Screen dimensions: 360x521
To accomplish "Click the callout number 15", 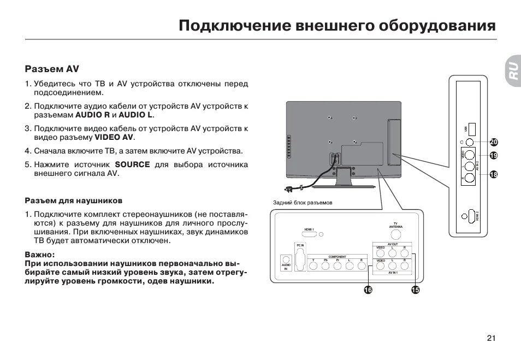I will [415, 290].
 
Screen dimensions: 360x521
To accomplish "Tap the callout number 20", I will [494, 142].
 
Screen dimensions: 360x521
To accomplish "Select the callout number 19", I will [494, 156].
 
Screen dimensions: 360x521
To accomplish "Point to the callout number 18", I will [494, 175].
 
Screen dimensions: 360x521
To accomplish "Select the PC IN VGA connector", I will [300, 259].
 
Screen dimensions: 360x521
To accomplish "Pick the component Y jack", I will [313, 266].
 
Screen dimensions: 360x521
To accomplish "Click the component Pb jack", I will [325, 266].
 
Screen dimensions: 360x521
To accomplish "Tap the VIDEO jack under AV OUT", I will [381, 253].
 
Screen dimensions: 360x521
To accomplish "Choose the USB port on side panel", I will [472, 129].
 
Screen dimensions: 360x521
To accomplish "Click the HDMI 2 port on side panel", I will [469, 217].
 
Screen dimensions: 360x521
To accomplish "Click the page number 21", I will [491, 338].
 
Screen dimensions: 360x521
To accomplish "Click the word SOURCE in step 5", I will [132, 164].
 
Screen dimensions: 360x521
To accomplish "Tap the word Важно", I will [39, 255].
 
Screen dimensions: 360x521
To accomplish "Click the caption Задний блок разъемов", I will [303, 203].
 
